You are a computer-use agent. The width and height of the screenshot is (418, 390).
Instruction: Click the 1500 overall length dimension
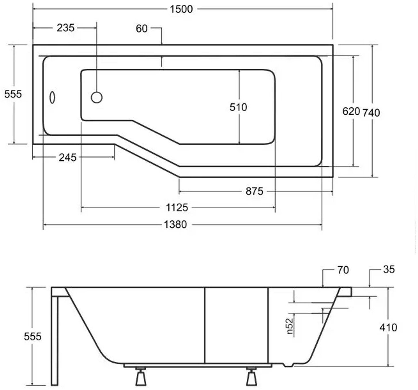[x=181, y=9]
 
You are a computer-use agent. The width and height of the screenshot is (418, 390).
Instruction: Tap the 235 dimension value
[x=66, y=28]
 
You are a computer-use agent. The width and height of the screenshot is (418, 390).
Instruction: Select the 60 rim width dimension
[x=142, y=29]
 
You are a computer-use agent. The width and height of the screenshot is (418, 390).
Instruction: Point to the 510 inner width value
[x=238, y=107]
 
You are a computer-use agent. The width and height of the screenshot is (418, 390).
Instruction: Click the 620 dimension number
[x=351, y=111]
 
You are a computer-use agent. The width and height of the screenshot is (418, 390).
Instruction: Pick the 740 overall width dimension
[x=371, y=113]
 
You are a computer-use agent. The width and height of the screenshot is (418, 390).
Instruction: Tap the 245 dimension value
[x=68, y=157]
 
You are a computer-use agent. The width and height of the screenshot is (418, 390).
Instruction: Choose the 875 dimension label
[x=254, y=191]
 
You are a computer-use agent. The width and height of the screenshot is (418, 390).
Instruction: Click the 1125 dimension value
[x=177, y=208]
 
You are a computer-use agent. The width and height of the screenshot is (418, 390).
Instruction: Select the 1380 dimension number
[x=175, y=224]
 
